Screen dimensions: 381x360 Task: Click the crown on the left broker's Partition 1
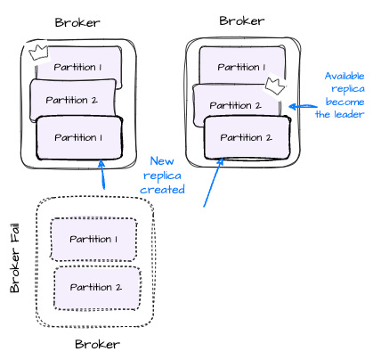pos(39,53)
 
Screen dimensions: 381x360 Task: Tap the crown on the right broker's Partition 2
pos(275,86)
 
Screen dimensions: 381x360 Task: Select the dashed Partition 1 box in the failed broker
pos(93,240)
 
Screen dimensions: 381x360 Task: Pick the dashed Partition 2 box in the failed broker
pos(97,288)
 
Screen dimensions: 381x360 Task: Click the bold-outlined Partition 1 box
pos(79,138)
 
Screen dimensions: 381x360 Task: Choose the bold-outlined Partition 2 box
pos(247,138)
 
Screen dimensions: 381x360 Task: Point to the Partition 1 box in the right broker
pos(242,66)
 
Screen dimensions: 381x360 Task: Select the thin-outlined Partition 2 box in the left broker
pos(73,101)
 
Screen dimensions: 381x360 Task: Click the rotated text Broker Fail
pos(15,258)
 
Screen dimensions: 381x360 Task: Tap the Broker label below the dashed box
pos(97,344)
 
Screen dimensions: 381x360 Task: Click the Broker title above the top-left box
pos(77,22)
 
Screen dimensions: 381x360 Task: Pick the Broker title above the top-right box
pos(242,20)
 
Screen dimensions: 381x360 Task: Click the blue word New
pos(162,161)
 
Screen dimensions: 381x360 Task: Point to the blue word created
pos(162,189)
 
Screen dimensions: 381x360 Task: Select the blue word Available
pos(345,76)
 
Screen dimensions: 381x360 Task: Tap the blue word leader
pos(349,114)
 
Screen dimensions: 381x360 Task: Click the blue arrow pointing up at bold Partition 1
pos(102,175)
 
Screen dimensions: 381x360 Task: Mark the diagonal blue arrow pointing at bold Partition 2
pos(214,183)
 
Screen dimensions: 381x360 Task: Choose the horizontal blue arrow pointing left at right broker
pos(303,106)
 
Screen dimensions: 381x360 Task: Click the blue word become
pos(345,102)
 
